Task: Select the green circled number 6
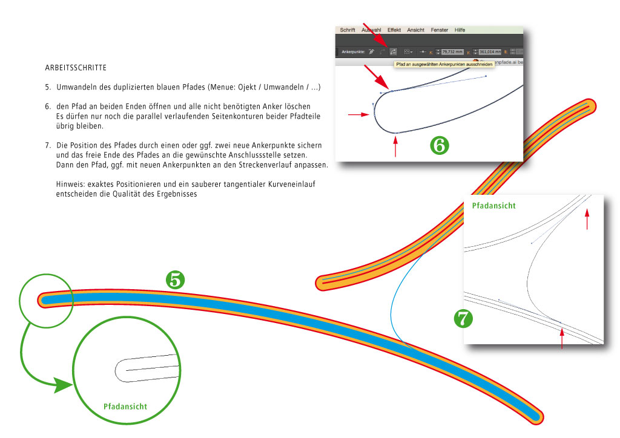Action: tap(440, 145)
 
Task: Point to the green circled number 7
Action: tap(464, 318)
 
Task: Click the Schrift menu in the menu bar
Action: tap(348, 30)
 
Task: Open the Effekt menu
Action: tap(394, 30)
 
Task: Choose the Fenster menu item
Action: tap(440, 30)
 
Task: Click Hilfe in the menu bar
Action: tap(460, 30)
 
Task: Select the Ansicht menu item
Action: tap(416, 30)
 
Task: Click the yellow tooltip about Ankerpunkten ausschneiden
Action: tap(444, 64)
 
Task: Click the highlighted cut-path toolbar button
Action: tap(393, 52)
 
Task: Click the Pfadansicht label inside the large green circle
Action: tap(125, 407)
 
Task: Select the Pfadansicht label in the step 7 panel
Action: tap(494, 206)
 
